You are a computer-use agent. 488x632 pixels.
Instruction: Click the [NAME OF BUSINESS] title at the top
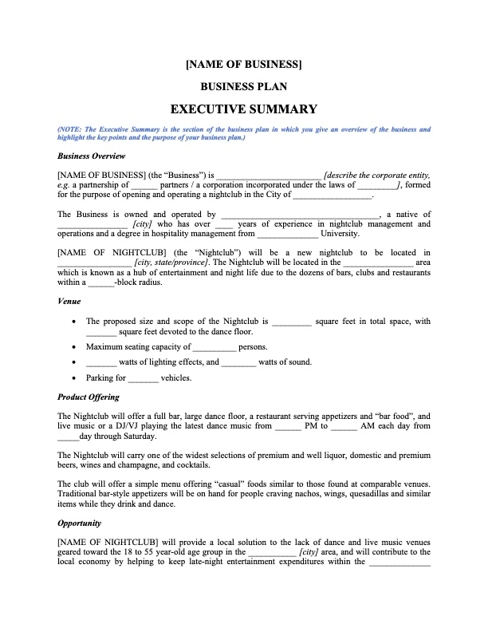[243, 64]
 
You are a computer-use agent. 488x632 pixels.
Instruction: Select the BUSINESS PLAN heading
[243, 86]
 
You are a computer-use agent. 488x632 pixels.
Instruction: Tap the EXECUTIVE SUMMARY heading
[243, 109]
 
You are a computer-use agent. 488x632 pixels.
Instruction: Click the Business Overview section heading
[92, 156]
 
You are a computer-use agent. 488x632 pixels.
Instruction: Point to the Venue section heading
[69, 302]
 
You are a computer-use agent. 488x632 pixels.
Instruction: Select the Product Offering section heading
[89, 397]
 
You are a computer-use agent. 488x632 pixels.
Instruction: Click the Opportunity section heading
[80, 523]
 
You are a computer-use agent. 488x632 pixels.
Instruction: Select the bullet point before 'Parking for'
[74, 378]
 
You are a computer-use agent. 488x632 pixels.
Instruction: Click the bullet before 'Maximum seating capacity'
[74, 347]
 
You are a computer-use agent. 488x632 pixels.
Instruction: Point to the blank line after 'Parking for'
[144, 379]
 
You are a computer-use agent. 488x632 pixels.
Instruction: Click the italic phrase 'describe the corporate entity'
[378, 175]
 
